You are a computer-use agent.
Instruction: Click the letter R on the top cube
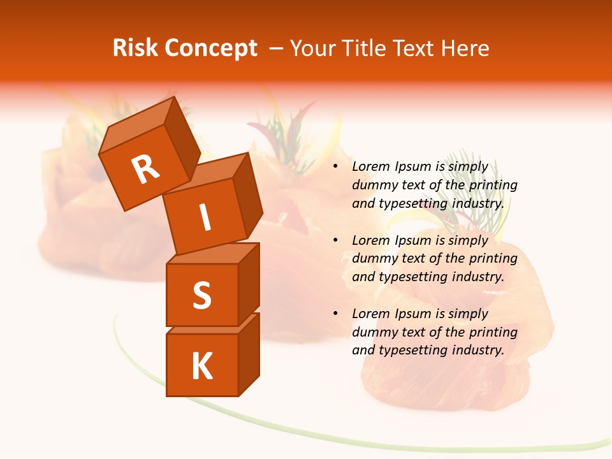coord(145,170)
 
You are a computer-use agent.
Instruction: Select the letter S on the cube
coord(201,295)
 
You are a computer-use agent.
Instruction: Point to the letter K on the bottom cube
coord(201,366)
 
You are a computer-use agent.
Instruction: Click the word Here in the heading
coord(463,48)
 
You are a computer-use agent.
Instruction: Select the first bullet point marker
coord(335,167)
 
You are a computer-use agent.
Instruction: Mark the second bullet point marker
coord(335,240)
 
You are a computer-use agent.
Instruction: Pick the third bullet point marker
coord(335,314)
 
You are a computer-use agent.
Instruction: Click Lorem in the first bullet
coord(370,167)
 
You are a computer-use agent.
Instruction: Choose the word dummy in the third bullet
coord(373,332)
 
